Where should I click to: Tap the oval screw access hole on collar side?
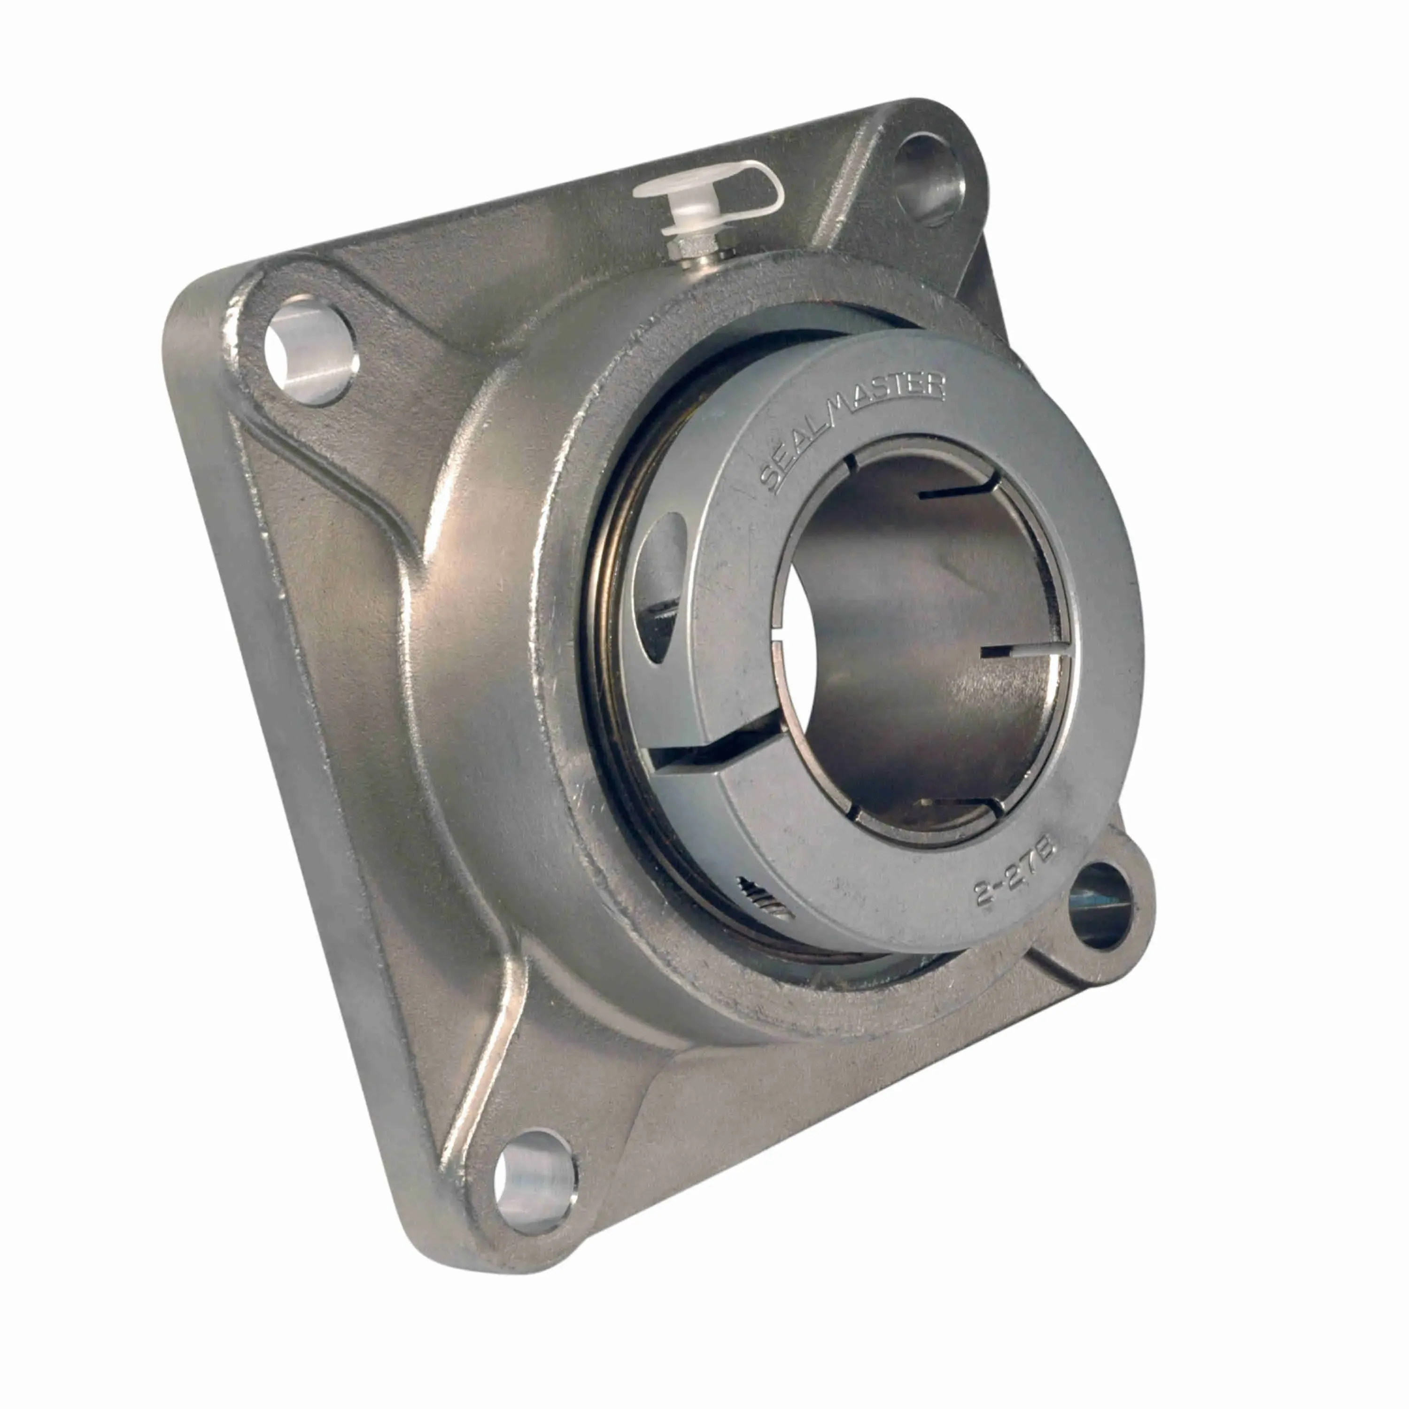click(x=660, y=583)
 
